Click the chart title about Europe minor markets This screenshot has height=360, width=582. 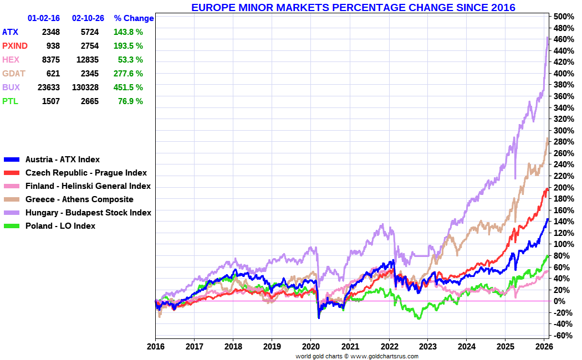tap(353, 8)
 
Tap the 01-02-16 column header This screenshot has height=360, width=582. tap(44, 18)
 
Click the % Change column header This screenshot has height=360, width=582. tap(134, 18)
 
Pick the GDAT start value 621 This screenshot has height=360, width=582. tap(53, 74)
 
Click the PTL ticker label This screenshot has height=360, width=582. tap(10, 101)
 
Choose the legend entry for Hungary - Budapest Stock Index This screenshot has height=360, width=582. tap(88, 213)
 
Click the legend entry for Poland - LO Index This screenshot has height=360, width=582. tap(60, 226)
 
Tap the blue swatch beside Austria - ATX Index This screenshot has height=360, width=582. tap(12, 160)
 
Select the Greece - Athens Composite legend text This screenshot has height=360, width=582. tap(79, 199)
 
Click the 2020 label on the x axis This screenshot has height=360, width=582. tap(310, 347)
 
